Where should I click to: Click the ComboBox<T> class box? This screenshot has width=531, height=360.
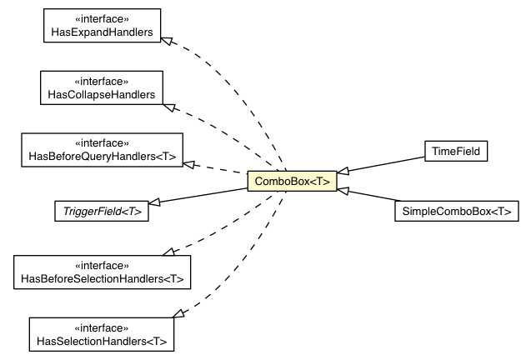click(x=291, y=180)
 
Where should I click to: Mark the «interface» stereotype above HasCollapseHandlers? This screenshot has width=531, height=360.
click(x=101, y=80)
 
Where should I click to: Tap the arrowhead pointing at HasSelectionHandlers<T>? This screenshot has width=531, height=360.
click(x=178, y=314)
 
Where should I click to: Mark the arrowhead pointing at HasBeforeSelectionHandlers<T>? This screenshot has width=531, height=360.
click(x=170, y=251)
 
